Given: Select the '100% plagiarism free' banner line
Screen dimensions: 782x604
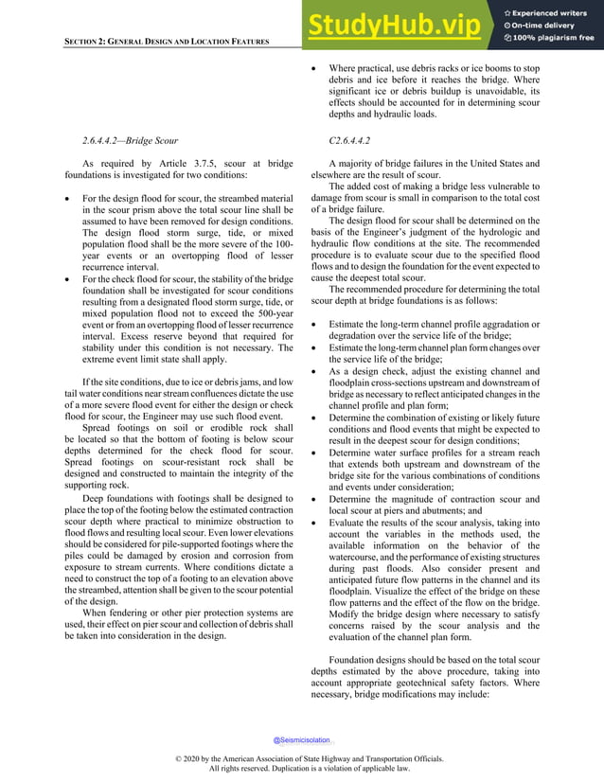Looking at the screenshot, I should click(x=554, y=38).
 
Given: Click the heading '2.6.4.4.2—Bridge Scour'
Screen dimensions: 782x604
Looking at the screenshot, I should click(x=145, y=140).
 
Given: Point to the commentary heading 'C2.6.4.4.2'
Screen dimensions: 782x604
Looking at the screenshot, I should click(x=347, y=140).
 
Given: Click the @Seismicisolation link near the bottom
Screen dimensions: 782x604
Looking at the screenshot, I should click(x=302, y=739).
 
